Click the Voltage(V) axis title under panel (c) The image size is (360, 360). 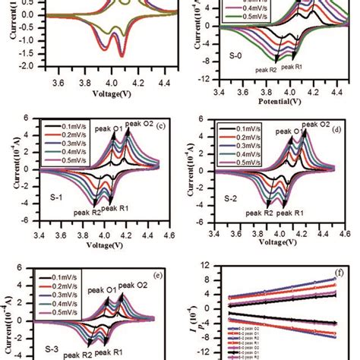[106, 246]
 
